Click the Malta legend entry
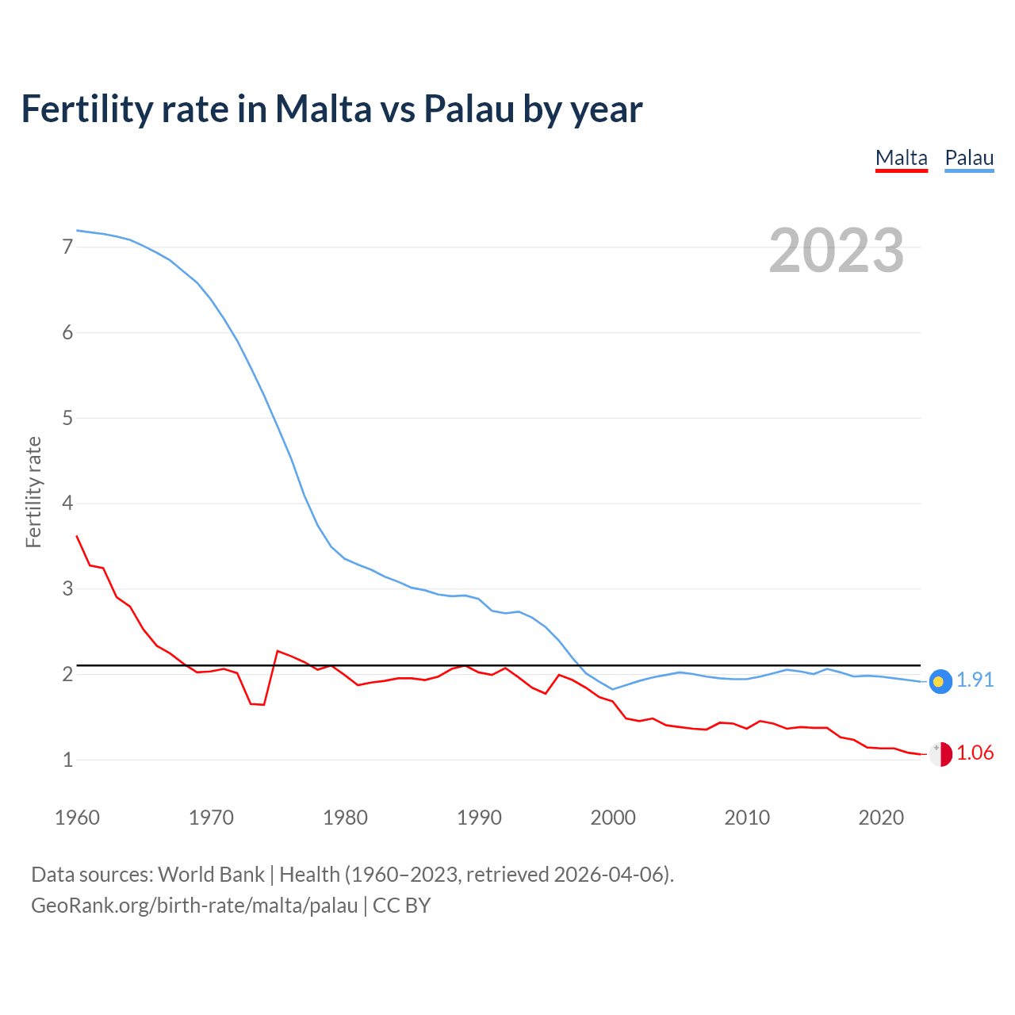901,158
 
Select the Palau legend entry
969,158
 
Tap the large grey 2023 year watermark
836,251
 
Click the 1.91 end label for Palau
975,680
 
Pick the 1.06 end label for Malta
975,753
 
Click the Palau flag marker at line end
940,681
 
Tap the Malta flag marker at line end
940,754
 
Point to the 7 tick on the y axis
67,247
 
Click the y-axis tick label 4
67,504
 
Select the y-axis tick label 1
67,760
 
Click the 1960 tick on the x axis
77,818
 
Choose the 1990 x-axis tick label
479,818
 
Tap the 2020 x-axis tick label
881,818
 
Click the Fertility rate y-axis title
33,492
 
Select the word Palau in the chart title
469,109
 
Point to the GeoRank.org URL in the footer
194,906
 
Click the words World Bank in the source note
211,875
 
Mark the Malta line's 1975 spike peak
278,651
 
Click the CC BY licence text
401,906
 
